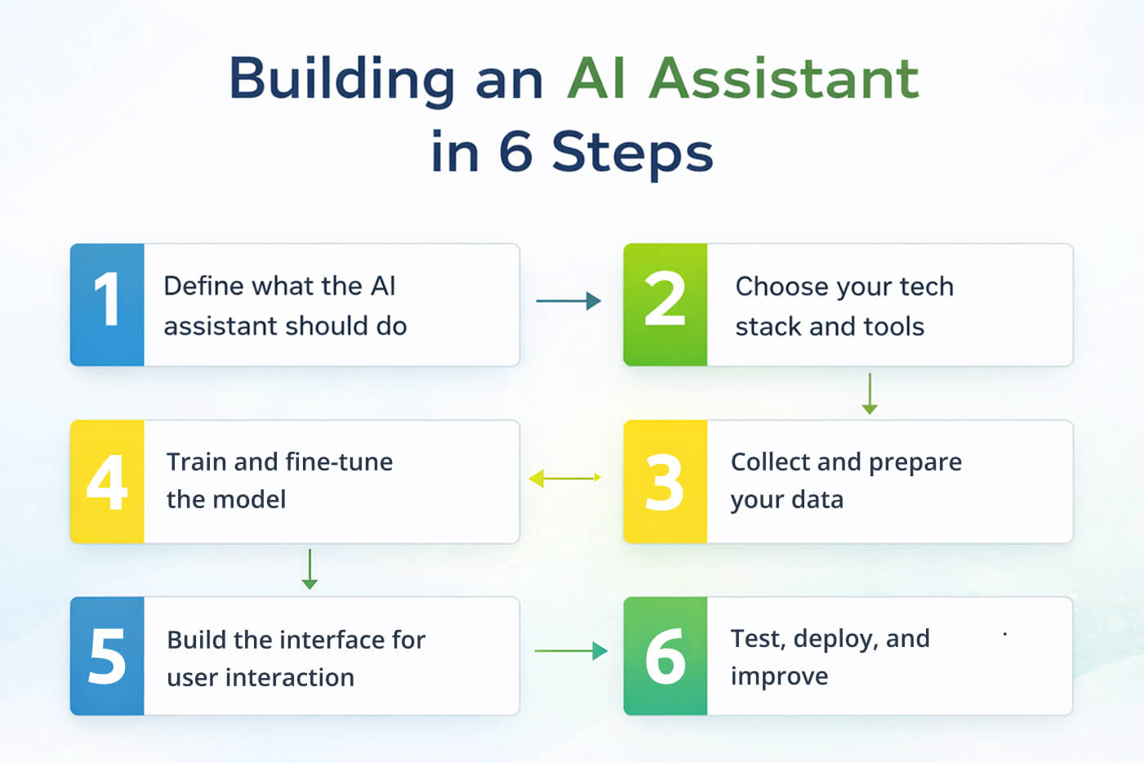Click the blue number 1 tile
pos(107,304)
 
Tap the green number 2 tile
pos(665,304)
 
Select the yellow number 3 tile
pos(665,481)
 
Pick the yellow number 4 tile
pos(107,481)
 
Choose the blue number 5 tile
pos(107,656)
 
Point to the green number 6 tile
pos(665,656)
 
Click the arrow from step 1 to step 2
pos(568,301)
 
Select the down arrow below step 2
pos(870,394)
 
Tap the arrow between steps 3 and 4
pos(565,478)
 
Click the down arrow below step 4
pos(309,569)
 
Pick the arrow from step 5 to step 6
pos(571,651)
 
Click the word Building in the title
pos(341,80)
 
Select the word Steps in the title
pos(632,153)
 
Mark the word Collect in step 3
pos(771,462)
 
